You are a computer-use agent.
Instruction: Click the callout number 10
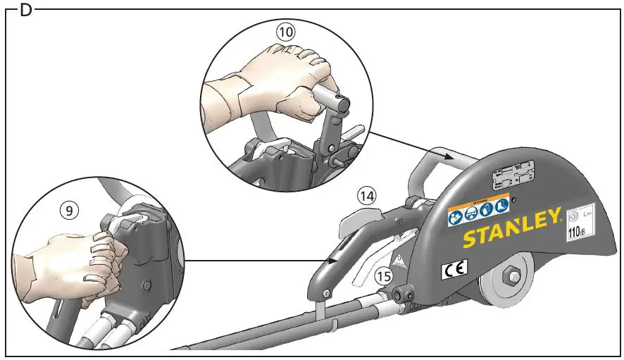click(x=285, y=32)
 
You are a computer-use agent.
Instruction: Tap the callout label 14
click(x=366, y=195)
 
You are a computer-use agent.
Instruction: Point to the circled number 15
click(x=383, y=276)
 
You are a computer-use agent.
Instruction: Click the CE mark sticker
click(x=451, y=269)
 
